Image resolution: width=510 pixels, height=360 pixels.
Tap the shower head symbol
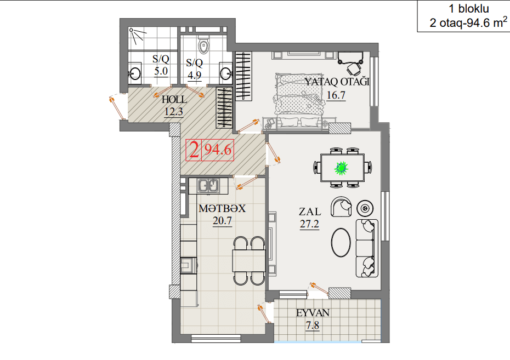click(132, 31)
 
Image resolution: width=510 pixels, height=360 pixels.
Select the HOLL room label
click(174, 99)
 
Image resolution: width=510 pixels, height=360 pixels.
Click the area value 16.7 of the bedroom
click(336, 95)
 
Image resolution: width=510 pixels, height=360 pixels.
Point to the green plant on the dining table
click(341, 168)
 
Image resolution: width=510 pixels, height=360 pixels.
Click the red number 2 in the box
click(194, 150)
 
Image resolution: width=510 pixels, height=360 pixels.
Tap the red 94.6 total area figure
click(218, 150)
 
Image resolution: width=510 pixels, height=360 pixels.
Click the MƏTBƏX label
click(222, 209)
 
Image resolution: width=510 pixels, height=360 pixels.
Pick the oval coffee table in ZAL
click(341, 242)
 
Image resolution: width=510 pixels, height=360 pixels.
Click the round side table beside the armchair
click(365, 208)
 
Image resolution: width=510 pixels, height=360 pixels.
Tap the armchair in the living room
click(341, 207)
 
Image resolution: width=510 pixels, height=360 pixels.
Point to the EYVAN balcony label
click(313, 313)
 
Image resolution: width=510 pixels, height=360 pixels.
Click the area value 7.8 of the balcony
click(313, 325)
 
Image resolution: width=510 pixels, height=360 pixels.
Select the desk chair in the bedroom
click(354, 69)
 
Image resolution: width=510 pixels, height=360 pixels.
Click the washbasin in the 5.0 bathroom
click(134, 74)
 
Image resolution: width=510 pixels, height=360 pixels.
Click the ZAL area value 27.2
click(309, 224)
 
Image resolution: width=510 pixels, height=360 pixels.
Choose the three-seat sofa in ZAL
click(367, 248)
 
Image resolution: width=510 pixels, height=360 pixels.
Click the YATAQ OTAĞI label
click(337, 82)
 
